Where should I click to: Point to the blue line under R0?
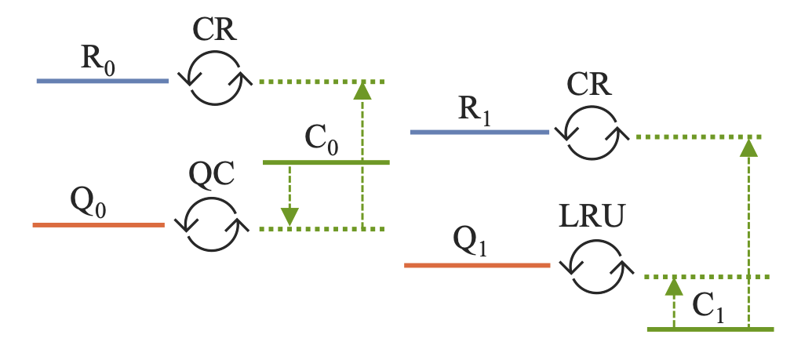click(x=102, y=81)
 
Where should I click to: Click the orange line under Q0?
click(x=98, y=225)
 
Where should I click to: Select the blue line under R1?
click(x=479, y=133)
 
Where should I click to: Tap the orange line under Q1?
click(x=476, y=266)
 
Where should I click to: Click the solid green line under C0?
click(x=326, y=162)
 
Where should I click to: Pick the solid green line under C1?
click(x=711, y=329)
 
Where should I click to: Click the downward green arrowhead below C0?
click(x=290, y=216)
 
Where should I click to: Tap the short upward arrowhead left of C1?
click(x=672, y=286)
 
